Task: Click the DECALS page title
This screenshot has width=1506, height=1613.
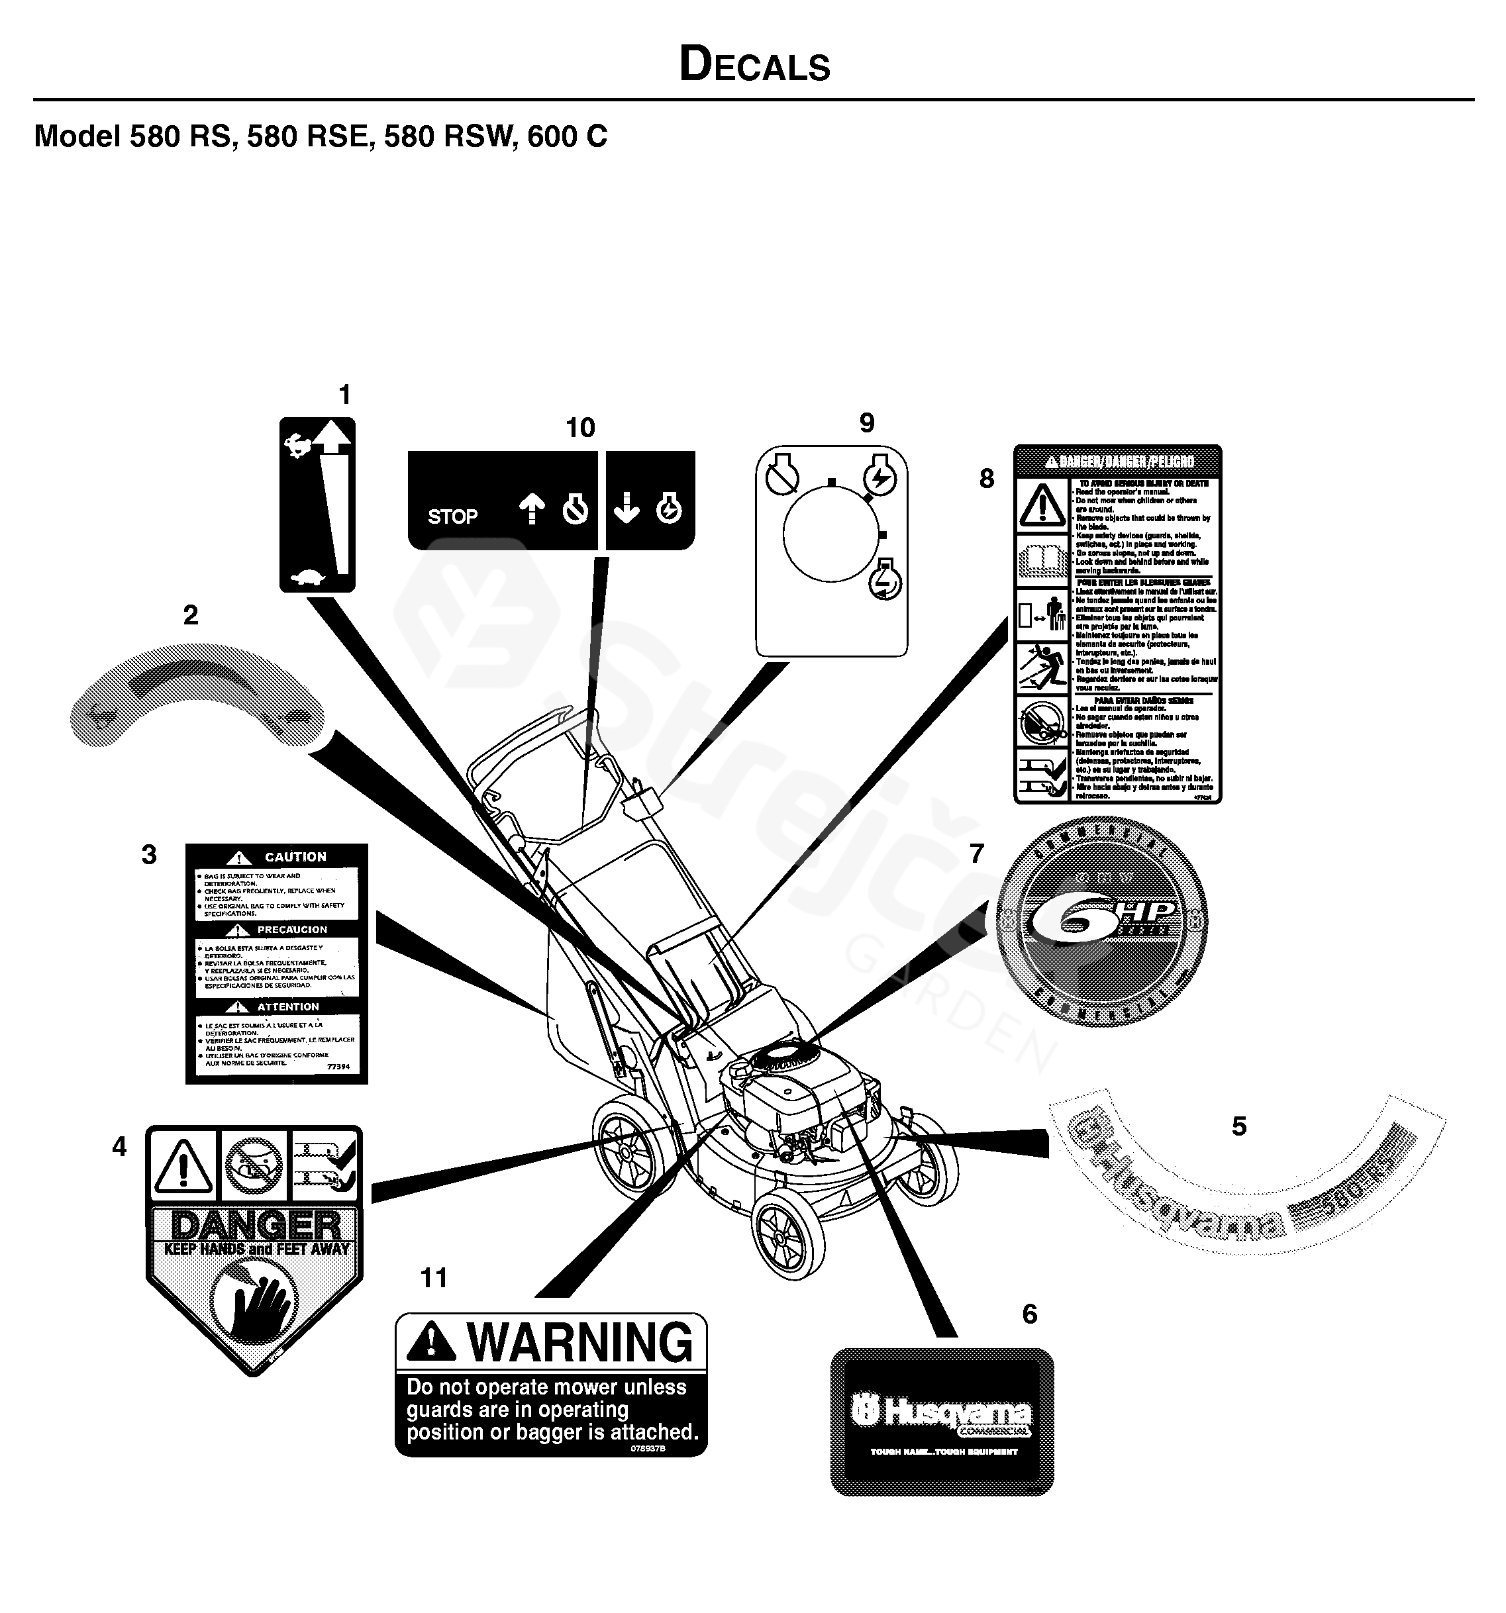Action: (x=754, y=65)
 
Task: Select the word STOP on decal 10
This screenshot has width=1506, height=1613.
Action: (x=452, y=516)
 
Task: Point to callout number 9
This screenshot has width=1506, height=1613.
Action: (x=867, y=422)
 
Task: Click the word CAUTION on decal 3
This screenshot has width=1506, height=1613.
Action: (x=295, y=857)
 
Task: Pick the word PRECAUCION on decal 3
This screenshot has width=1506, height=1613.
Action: (x=292, y=930)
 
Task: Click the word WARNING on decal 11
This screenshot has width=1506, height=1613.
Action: (x=579, y=1343)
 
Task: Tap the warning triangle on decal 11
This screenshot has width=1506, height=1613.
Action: (x=430, y=1343)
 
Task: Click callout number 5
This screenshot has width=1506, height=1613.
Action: (x=1238, y=1126)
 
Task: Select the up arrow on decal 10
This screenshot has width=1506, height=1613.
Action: (x=532, y=510)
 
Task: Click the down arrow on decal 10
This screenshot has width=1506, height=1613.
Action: (x=627, y=510)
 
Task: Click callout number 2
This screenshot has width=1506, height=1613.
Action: (x=191, y=615)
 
